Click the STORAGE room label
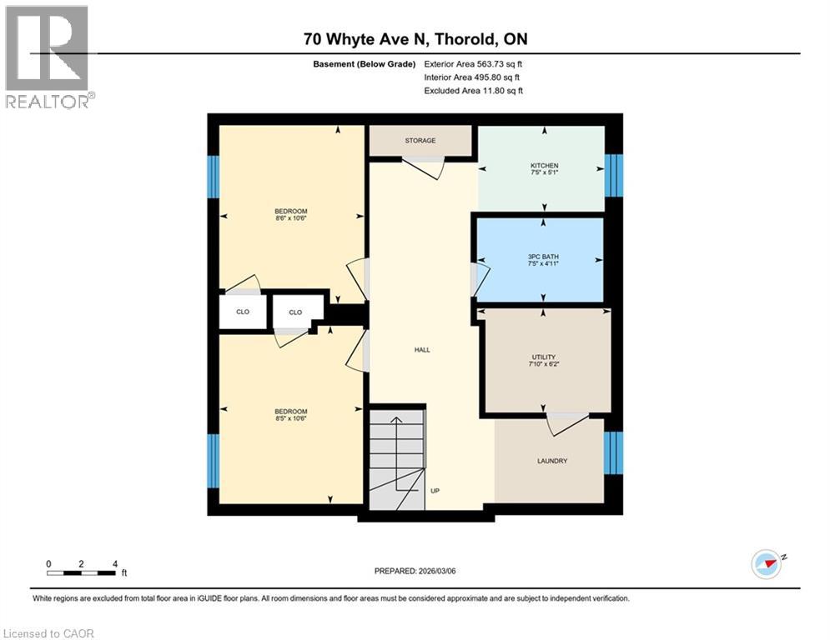tap(420, 141)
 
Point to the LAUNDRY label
tap(552, 461)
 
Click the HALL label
tap(422, 350)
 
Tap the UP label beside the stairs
tap(435, 491)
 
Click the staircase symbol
tap(397, 458)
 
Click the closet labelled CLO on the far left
tap(243, 312)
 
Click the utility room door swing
tap(567, 422)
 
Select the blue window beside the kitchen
tap(614, 174)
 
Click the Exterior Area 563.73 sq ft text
tap(474, 63)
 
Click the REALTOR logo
tap(47, 56)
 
